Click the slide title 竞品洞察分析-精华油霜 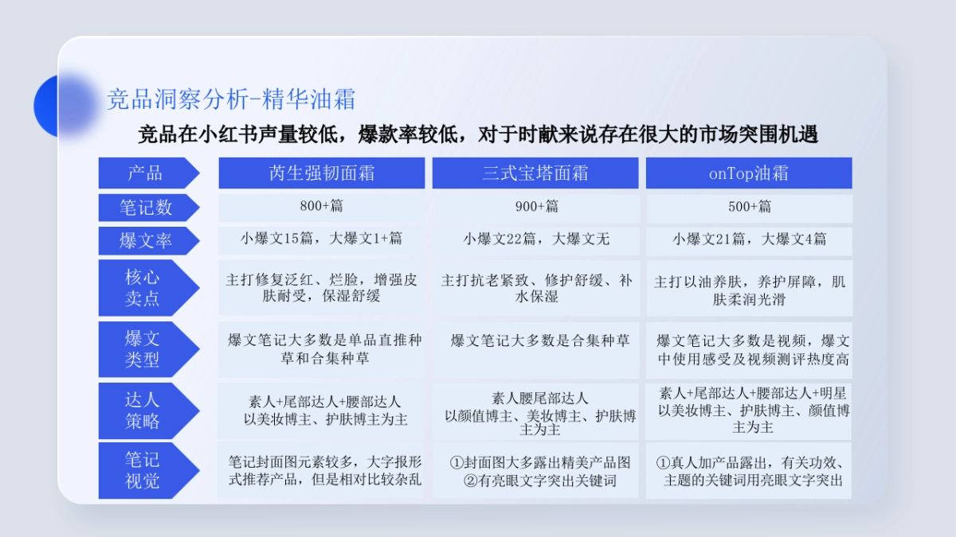point(231,99)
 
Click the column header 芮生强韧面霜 point(322,173)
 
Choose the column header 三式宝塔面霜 point(535,173)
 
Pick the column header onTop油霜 point(749,173)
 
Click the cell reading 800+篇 point(322,207)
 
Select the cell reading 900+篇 point(536,207)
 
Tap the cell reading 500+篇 point(749,207)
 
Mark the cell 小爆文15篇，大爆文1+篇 point(322,239)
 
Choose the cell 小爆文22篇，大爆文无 point(536,239)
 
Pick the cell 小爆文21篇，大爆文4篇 point(749,239)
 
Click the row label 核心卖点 point(143,288)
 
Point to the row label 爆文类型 point(143,349)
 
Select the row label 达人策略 point(143,411)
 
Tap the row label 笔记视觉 point(143,470)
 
